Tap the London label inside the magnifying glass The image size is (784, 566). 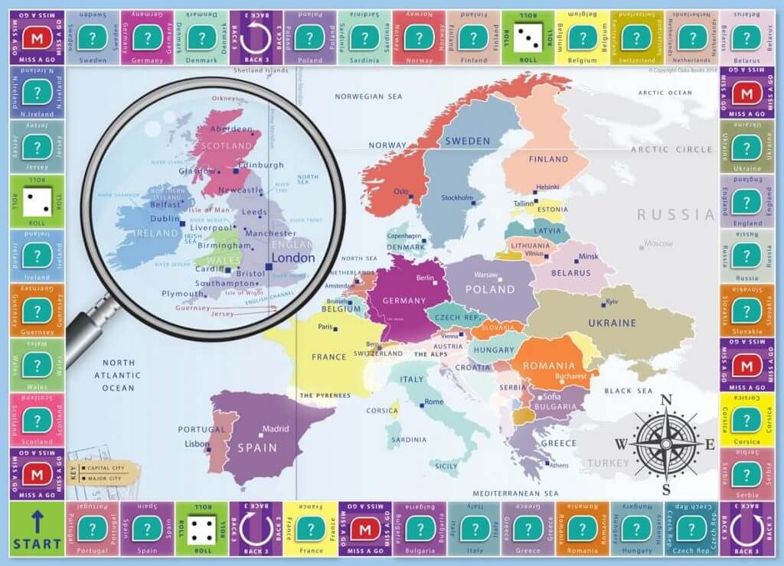coord(294,258)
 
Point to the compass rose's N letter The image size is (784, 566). coord(665,398)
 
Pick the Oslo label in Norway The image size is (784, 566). coord(401,192)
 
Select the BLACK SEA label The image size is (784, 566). coord(628,391)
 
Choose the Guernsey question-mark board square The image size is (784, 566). coord(37,311)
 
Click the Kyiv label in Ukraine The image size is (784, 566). coord(612,301)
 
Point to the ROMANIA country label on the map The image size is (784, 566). coord(548,366)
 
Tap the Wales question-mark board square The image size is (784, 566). coord(37,365)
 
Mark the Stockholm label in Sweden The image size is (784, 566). coord(457,198)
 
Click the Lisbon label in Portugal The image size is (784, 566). coord(197,444)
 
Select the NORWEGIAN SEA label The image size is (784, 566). coord(367,96)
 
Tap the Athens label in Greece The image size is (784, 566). coord(559,465)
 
